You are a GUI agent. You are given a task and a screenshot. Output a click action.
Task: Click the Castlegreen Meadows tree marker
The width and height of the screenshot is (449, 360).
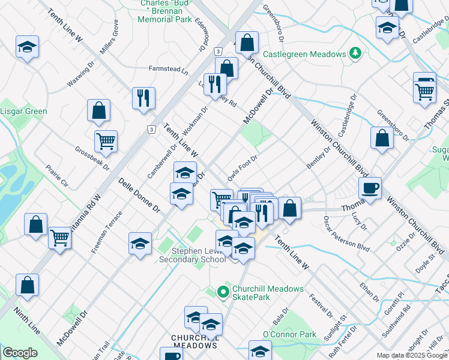click(355, 54)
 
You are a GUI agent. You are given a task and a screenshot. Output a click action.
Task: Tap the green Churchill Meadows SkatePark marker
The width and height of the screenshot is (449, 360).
click(223, 293)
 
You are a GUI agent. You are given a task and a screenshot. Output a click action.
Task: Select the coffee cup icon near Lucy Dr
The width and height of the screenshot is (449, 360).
click(370, 188)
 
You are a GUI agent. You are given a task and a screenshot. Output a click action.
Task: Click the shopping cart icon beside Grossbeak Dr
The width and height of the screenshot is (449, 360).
click(106, 141)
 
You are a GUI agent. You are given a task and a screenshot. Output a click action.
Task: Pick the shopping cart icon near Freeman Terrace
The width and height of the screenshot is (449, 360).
click(60, 238)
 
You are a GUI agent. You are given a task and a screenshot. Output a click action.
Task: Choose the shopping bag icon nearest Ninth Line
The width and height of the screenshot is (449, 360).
click(28, 285)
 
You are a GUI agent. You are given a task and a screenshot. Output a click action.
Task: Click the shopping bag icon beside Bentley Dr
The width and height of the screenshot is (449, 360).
click(382, 137)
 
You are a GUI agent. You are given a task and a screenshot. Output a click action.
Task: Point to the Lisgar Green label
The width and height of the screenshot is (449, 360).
click(23, 112)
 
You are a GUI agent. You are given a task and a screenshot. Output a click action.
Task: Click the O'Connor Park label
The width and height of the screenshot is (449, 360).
click(289, 334)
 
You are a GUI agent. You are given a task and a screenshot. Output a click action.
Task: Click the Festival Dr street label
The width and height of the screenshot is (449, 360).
click(321, 304)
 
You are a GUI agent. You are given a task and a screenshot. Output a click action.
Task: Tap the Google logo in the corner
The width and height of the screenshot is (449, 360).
click(20, 353)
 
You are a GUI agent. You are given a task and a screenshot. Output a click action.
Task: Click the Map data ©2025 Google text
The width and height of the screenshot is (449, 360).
click(412, 355)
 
